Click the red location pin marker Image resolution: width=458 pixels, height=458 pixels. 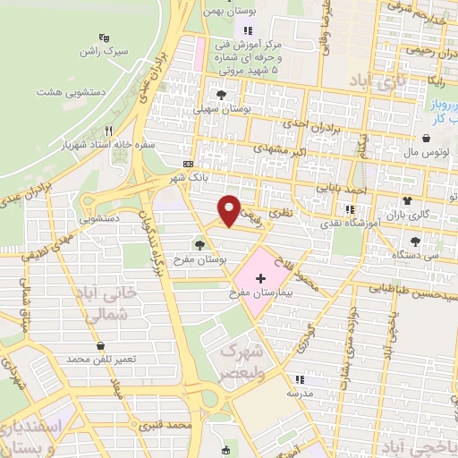pyautogui.click(x=230, y=209)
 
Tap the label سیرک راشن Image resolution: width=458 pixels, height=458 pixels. pyautogui.click(x=105, y=52)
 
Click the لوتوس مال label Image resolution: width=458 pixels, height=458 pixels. pyautogui.click(x=427, y=152)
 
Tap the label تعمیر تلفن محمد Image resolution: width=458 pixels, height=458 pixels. pyautogui.click(x=101, y=359)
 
